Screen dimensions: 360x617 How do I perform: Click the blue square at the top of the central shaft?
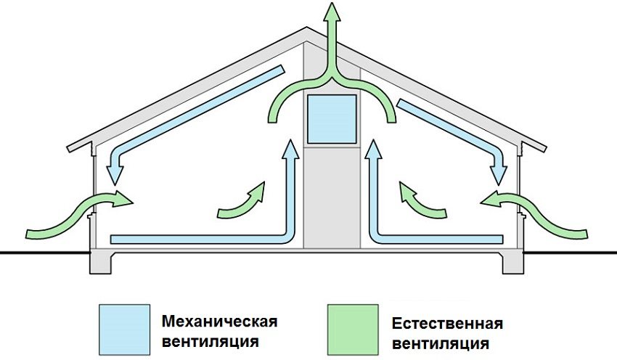click(x=331, y=118)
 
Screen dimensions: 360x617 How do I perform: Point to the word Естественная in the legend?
click(x=447, y=324)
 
